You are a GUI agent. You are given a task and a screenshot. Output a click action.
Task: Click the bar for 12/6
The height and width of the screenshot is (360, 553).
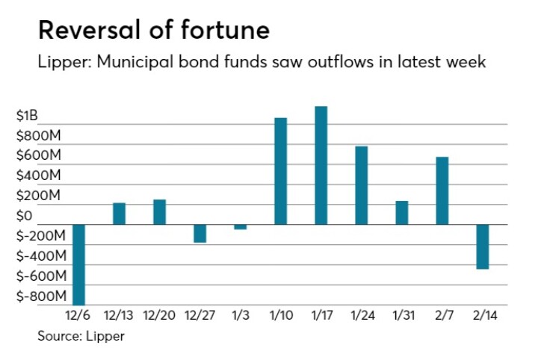tap(78, 264)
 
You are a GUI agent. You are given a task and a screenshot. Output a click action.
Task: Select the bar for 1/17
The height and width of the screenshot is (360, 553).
tap(321, 165)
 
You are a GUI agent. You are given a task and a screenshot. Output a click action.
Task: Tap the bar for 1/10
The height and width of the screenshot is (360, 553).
tap(280, 171)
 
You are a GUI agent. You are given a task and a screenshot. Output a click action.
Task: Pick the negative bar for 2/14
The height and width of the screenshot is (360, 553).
tap(482, 246)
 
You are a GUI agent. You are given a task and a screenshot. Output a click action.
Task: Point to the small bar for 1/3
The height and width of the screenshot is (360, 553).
tap(240, 226)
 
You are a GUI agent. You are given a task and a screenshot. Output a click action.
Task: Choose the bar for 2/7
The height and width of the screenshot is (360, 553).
tap(442, 190)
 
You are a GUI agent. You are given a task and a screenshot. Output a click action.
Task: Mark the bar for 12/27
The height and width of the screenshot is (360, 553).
tap(200, 233)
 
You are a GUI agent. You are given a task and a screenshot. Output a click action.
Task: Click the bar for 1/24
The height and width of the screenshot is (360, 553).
tap(361, 185)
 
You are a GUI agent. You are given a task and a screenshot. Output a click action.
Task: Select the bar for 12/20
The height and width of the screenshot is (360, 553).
tap(159, 212)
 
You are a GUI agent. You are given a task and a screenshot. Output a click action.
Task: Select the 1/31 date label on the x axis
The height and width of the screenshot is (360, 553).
tap(401, 317)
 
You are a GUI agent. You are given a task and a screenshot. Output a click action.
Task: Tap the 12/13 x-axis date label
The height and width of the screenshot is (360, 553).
tap(119, 317)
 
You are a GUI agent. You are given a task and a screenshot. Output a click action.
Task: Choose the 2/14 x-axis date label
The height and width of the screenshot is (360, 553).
tap(482, 317)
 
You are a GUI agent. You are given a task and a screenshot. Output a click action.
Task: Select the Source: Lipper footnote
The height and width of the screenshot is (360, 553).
tap(81, 336)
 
